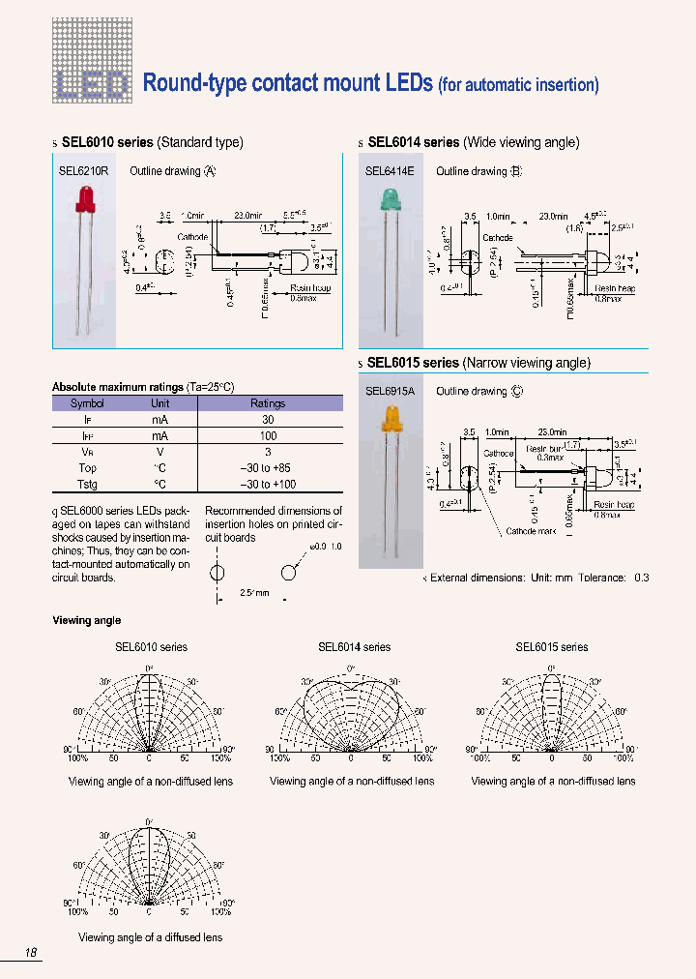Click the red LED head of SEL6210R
[x=81, y=200]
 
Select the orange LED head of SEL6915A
[x=393, y=420]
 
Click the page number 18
[x=31, y=953]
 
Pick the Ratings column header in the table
[x=268, y=403]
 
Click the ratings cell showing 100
[x=268, y=436]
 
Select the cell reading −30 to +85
[x=268, y=468]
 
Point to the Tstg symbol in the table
[x=88, y=484]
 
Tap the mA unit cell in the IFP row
[x=159, y=436]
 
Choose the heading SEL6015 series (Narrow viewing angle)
[x=478, y=363]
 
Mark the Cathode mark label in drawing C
[x=532, y=531]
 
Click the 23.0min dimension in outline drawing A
[x=247, y=216]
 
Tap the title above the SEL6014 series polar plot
[x=354, y=647]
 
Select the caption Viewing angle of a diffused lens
[x=150, y=937]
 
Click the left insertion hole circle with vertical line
[x=217, y=572]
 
